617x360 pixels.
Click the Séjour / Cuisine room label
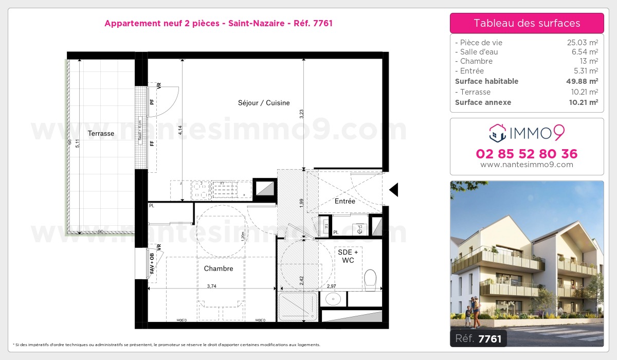click(264, 103)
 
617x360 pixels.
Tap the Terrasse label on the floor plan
click(101, 134)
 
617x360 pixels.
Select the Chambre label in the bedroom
click(219, 268)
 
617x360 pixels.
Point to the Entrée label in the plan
click(344, 201)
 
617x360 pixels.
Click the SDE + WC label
click(348, 256)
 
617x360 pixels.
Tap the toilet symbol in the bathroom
click(370, 280)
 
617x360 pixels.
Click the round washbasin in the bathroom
click(333, 298)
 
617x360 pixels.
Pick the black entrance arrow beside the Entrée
click(394, 190)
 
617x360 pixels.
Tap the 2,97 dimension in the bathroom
click(332, 286)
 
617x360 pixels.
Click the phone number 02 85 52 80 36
click(527, 154)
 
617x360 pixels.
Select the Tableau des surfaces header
click(527, 23)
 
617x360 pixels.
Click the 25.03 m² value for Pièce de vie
click(582, 43)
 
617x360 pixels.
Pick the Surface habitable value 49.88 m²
click(582, 81)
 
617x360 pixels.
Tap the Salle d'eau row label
click(479, 52)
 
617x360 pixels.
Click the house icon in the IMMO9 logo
click(497, 133)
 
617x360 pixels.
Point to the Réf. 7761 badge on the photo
click(478, 338)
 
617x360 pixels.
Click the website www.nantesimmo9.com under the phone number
click(527, 165)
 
